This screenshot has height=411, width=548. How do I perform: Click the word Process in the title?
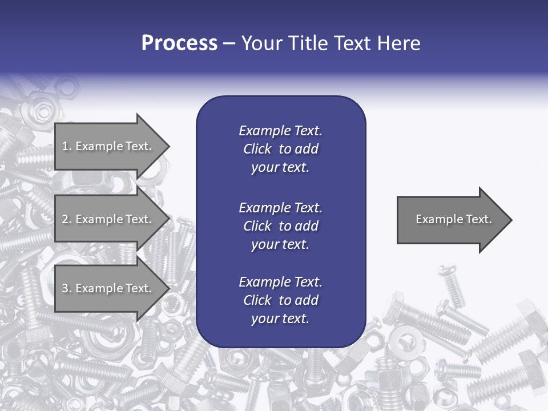pos(179,43)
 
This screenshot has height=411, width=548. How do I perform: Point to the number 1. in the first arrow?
pos(67,146)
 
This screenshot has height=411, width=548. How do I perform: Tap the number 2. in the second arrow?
pos(67,219)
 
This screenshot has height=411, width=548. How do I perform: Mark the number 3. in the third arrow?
pos(67,288)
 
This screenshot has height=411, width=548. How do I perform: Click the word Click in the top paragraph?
pos(257,149)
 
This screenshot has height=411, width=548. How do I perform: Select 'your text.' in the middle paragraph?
pos(280,244)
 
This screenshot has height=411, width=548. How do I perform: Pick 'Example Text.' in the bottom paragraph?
pos(280,282)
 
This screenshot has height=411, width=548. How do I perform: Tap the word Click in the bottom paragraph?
pos(257,300)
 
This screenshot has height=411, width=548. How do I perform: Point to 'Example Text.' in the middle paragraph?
pos(280,207)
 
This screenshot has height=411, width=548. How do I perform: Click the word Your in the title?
pos(262,43)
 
